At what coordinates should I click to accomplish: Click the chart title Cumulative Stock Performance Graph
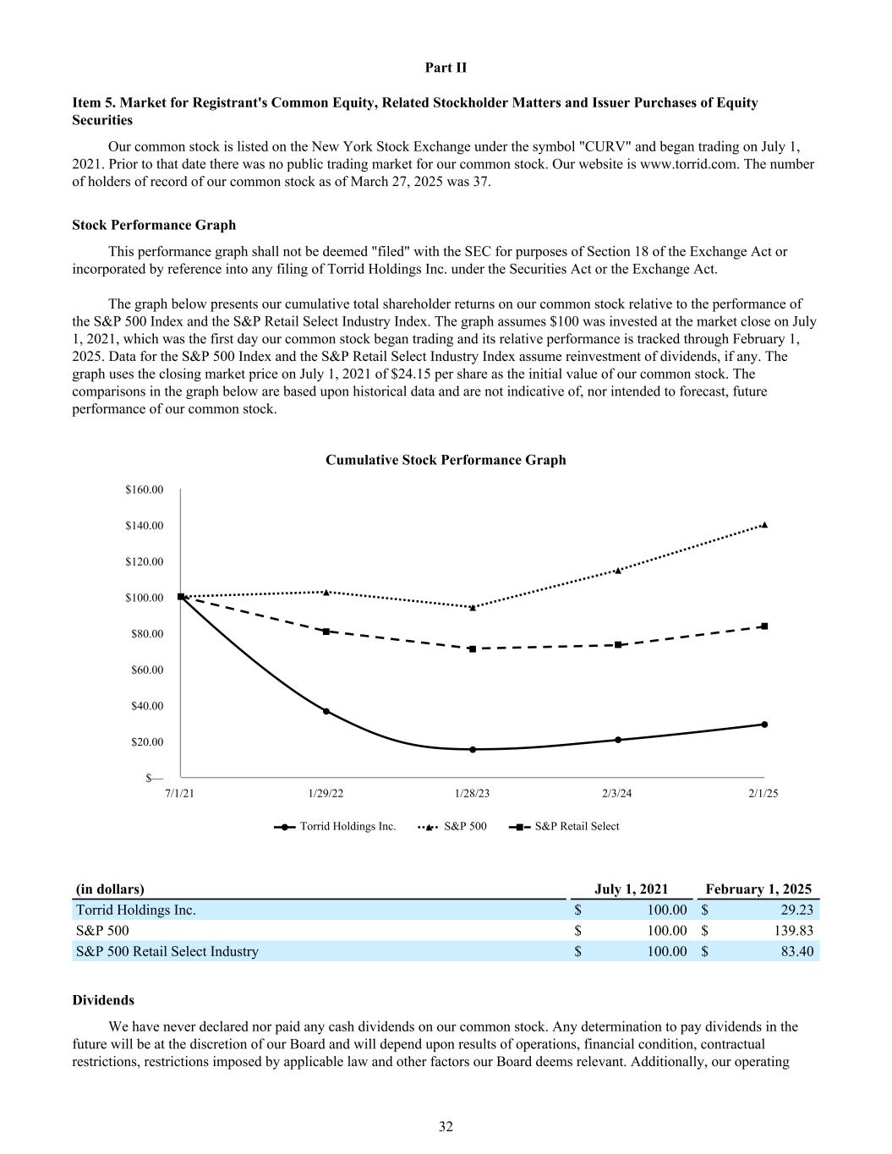click(x=446, y=460)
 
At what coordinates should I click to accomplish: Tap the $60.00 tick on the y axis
click(x=147, y=670)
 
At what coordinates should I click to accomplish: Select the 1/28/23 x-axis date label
click(x=472, y=794)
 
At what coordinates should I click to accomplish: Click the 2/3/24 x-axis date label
click(x=617, y=794)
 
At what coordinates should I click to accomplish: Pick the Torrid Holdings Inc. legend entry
click(x=336, y=826)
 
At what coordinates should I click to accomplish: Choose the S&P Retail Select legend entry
click(x=565, y=826)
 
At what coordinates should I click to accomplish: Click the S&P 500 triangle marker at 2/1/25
click(x=764, y=525)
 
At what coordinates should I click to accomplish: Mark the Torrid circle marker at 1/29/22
click(x=326, y=711)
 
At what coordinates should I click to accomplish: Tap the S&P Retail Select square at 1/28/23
click(x=473, y=648)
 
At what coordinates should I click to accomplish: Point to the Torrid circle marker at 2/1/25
click(x=764, y=725)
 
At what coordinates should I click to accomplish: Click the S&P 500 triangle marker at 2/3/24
click(x=618, y=571)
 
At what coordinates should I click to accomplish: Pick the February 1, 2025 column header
click(x=758, y=889)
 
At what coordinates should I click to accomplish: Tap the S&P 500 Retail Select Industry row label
click(x=167, y=951)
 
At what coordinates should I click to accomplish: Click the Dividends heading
click(x=103, y=1000)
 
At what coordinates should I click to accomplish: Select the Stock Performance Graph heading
click(x=154, y=225)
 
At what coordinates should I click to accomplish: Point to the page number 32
click(x=446, y=1126)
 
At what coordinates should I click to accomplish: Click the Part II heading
click(x=446, y=68)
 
